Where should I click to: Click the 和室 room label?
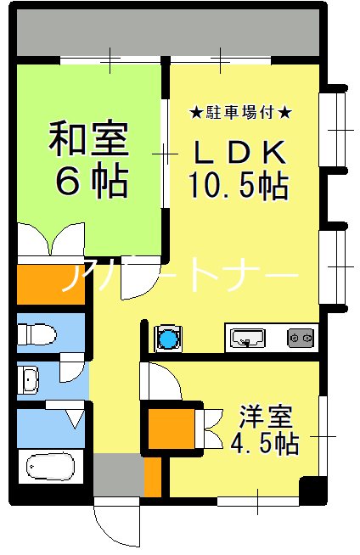click(88, 140)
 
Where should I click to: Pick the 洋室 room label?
click(266, 419)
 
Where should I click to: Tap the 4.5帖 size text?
click(264, 444)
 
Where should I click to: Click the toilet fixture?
click(39, 333)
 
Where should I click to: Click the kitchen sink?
click(247, 337)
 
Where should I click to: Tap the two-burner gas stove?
click(301, 337)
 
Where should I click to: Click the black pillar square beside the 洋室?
click(312, 491)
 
